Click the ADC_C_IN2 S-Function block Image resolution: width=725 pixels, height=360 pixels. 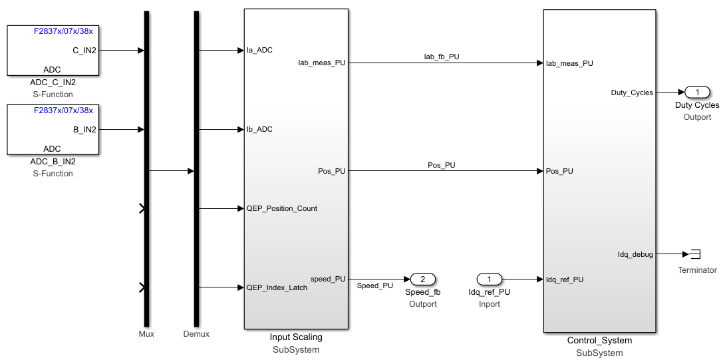[53, 51]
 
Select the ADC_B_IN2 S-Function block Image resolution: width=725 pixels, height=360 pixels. [53, 130]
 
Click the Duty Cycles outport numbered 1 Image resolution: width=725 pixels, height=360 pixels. [697, 92]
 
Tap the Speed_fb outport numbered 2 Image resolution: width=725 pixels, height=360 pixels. [422, 279]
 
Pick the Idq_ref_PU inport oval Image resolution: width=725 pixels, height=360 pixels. [489, 279]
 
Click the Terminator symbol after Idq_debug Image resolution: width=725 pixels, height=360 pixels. [696, 254]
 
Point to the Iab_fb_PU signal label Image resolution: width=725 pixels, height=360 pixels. [442, 57]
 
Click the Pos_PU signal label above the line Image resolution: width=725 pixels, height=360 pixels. [441, 165]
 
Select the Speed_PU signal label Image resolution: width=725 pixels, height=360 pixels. [375, 285]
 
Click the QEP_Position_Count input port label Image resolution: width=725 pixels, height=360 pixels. [281, 208]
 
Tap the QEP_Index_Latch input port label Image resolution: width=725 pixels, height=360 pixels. [277, 287]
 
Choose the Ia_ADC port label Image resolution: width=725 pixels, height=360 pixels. [259, 50]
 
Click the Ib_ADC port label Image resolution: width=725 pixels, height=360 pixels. [259, 129]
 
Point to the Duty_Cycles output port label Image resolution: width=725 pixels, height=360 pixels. [632, 92]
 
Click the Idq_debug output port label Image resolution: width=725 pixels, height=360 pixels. [635, 254]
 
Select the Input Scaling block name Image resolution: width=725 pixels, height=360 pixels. [296, 337]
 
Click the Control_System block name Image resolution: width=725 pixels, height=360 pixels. [599, 341]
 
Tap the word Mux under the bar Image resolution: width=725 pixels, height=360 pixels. [146, 333]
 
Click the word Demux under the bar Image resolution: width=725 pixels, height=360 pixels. [196, 333]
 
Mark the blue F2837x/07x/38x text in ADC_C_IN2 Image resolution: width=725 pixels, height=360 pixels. [63, 31]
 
